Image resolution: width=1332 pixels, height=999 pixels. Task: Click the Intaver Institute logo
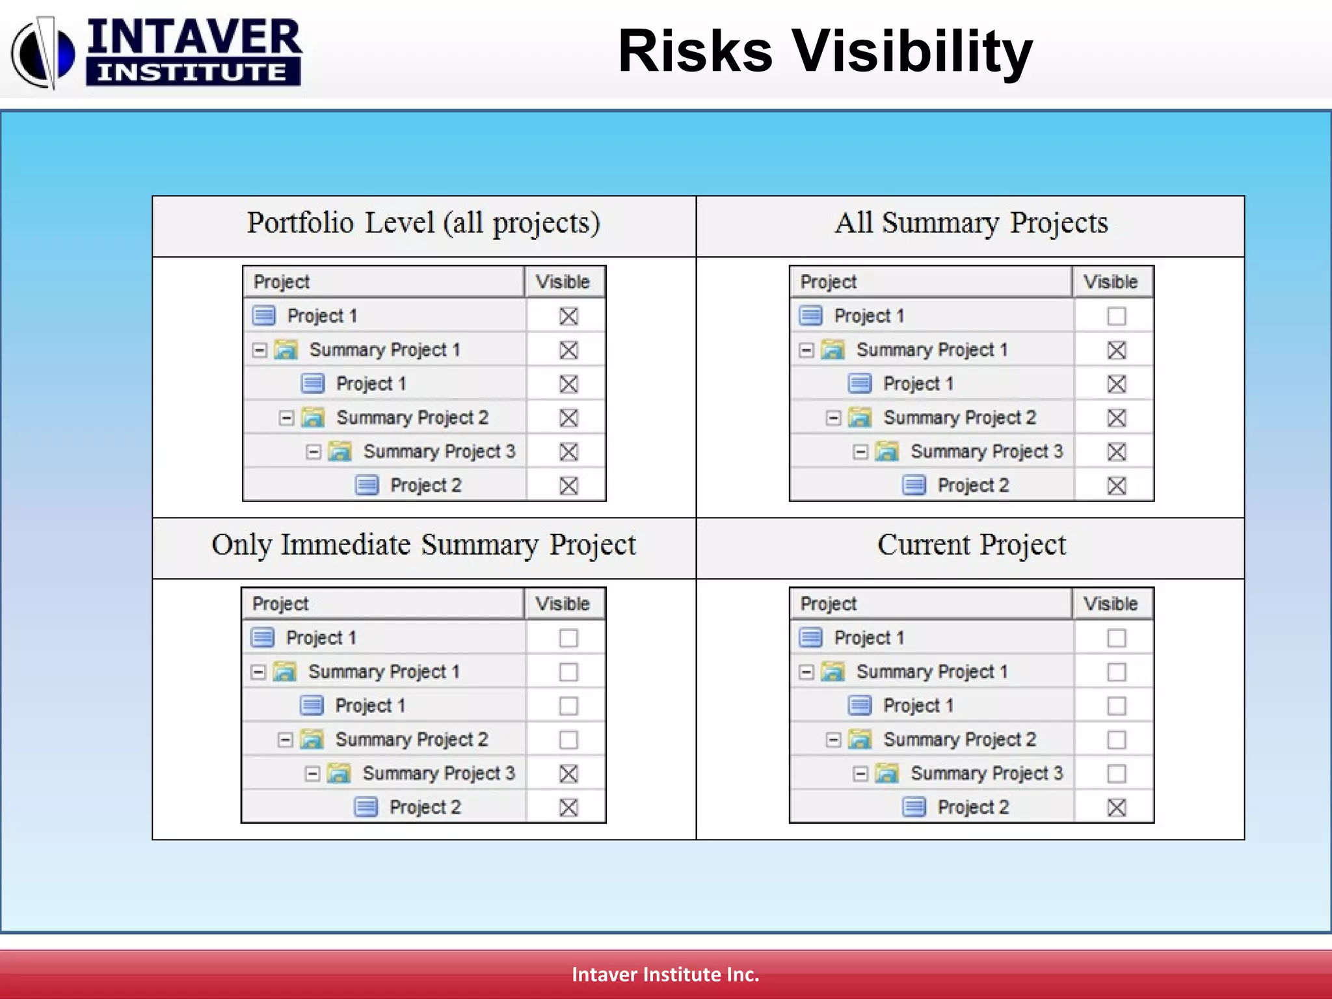pos(156,52)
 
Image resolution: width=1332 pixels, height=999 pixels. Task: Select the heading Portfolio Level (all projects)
pos(423,223)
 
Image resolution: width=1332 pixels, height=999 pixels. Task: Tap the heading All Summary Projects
pos(971,223)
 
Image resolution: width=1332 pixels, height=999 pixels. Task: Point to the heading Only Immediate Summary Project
pos(423,545)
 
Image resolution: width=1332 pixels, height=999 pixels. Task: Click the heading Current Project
pos(971,545)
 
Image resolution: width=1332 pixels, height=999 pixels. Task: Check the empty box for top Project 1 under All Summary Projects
pos(1116,316)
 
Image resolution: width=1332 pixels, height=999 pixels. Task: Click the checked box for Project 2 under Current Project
pos(1116,807)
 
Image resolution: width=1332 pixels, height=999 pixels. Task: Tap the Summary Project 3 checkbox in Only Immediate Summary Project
pos(568,773)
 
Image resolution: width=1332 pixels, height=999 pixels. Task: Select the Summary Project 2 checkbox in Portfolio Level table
pos(568,418)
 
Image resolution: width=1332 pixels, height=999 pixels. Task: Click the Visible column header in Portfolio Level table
pos(563,282)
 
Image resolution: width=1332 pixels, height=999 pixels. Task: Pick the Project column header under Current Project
pos(828,604)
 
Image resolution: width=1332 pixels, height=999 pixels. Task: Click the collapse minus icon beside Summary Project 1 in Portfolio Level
pos(260,350)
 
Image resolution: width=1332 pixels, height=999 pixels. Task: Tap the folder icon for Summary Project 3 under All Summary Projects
pos(886,451)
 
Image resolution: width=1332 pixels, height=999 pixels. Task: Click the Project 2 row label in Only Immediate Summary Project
pos(425,807)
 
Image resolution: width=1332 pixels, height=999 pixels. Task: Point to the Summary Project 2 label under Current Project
pos(959,739)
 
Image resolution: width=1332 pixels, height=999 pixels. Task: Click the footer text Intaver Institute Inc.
pos(665,974)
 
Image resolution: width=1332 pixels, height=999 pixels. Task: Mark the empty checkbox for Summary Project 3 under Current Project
pos(1116,773)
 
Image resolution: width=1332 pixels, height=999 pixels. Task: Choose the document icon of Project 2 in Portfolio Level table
pos(367,485)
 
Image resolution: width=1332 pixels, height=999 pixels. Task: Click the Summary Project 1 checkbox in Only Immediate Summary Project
pos(568,672)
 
